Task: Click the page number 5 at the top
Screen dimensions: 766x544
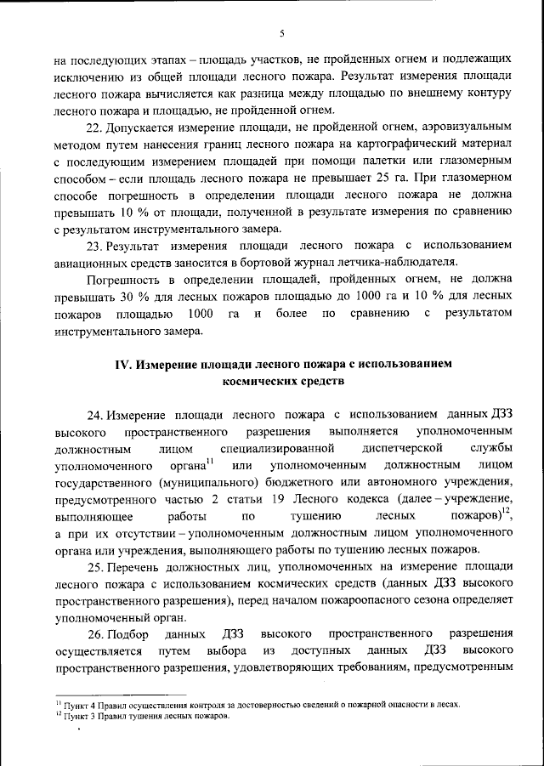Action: click(x=282, y=33)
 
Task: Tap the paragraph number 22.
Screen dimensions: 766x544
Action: click(x=96, y=128)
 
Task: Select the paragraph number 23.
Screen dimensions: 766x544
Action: click(x=96, y=245)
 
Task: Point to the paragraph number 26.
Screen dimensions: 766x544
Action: click(x=96, y=634)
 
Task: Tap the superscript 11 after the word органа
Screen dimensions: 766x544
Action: click(x=210, y=460)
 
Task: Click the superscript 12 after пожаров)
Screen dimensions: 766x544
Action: click(x=507, y=510)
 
